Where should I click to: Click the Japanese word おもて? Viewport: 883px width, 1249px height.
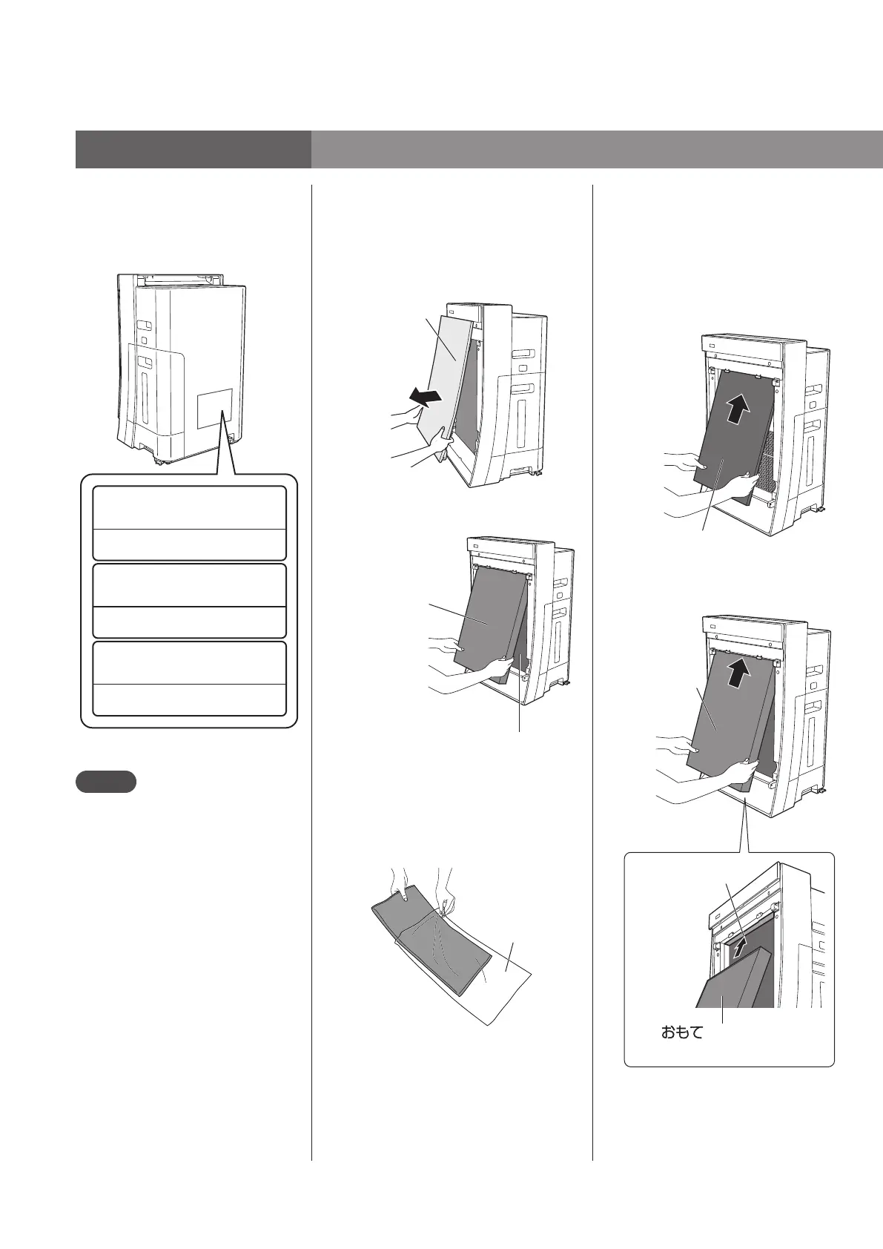tap(681, 1032)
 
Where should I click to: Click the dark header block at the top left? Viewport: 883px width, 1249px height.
tap(193, 150)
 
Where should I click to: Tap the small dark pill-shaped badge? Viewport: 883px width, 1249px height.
tap(105, 782)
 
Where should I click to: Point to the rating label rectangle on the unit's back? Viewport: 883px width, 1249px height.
tap(215, 409)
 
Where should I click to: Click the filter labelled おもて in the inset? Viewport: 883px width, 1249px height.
tap(730, 983)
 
